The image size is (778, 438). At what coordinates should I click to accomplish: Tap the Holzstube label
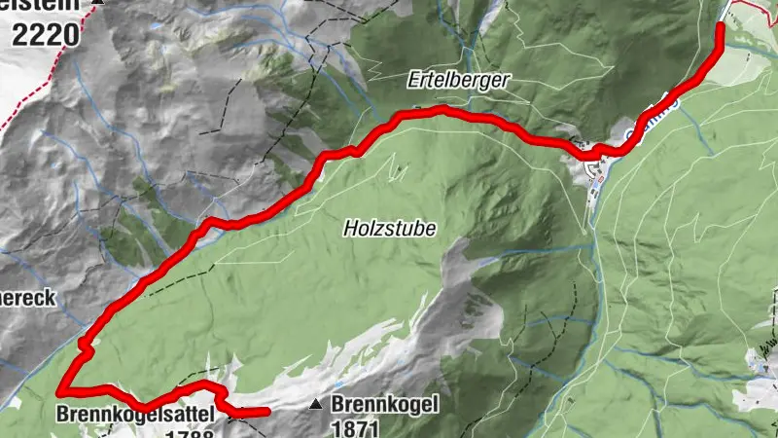coord(389,229)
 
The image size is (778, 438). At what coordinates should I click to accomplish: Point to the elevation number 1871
coord(353,426)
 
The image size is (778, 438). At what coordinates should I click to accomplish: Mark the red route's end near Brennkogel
coord(265,412)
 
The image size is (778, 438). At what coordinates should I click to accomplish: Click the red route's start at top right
coord(721,25)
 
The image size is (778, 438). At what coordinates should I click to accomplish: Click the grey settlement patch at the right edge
coord(763,360)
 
